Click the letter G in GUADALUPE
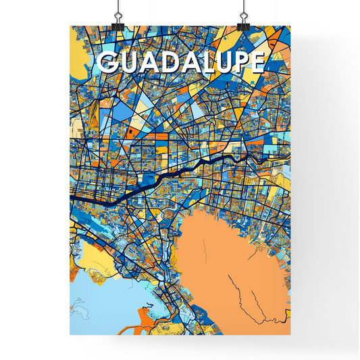pyautogui.click(x=109, y=62)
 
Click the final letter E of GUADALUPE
pyautogui.click(x=255, y=62)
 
